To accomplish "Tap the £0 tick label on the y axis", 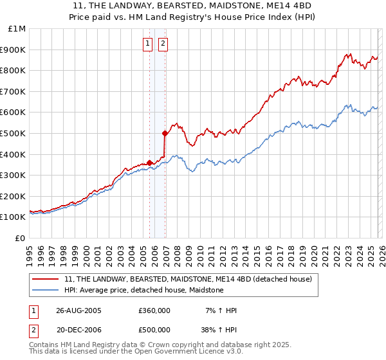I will tap(21, 238).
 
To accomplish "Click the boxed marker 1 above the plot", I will tap(147, 44).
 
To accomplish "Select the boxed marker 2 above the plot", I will tap(163, 44).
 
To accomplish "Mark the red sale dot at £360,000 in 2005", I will tap(150, 163).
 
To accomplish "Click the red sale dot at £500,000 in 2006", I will tap(165, 134).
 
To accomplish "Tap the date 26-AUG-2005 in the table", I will tap(78, 310).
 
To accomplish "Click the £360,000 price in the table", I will tap(154, 310).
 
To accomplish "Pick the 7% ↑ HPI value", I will tap(220, 310).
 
